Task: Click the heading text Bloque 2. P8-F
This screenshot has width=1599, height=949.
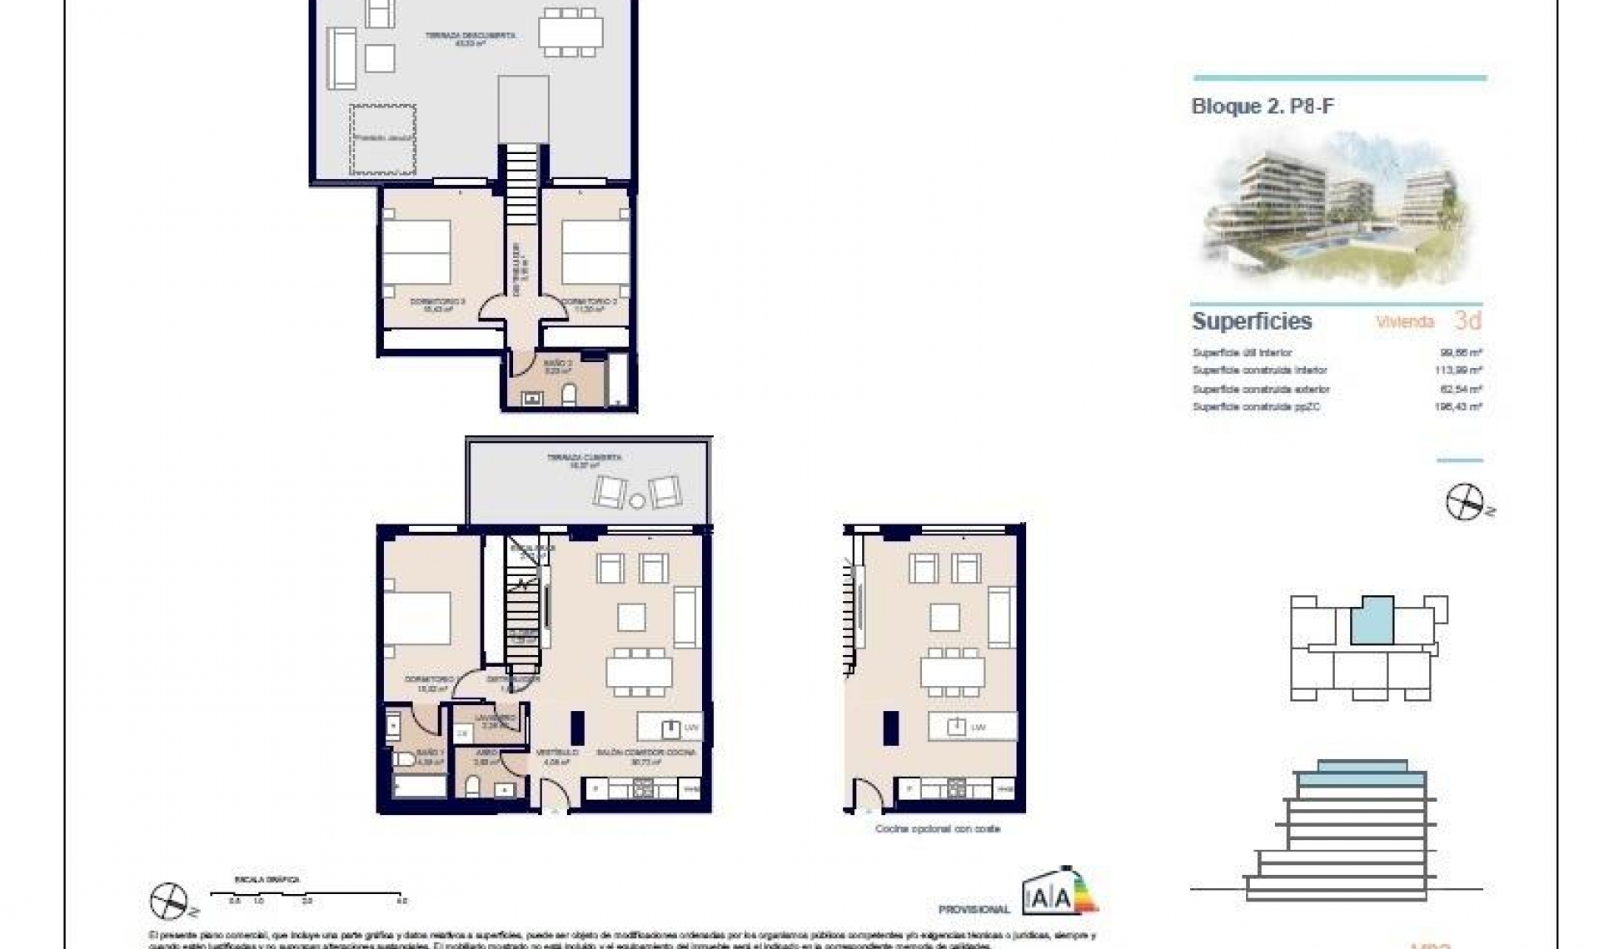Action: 1263,107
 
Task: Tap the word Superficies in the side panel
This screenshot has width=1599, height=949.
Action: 1252,321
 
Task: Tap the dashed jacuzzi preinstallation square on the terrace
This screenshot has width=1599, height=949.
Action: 382,139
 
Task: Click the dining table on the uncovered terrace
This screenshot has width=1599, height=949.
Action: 570,32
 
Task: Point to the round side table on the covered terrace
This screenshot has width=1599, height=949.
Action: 637,500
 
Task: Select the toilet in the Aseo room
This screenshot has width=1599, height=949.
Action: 473,787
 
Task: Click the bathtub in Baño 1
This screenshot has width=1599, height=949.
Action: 419,786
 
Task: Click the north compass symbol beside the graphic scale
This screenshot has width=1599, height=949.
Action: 170,901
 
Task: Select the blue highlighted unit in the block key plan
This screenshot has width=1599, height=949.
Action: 1372,621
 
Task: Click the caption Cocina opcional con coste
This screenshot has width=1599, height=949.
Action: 937,829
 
